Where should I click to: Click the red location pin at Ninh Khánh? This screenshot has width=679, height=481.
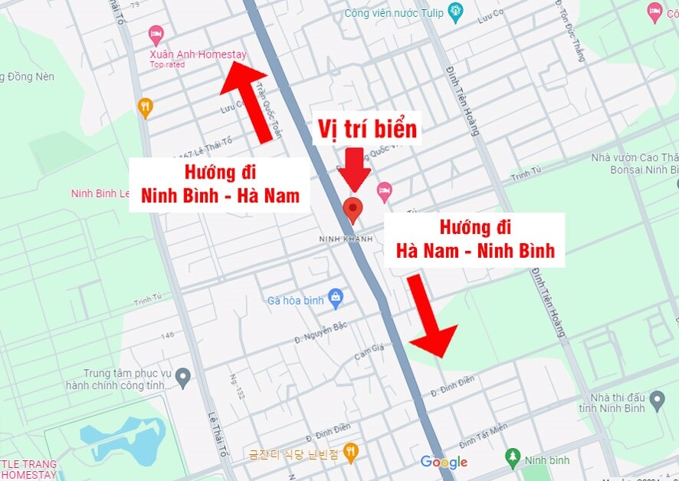pyautogui.click(x=353, y=209)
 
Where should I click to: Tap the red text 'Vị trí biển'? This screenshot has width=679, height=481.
pyautogui.click(x=368, y=129)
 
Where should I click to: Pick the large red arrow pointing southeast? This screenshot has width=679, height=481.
pyautogui.click(x=429, y=315)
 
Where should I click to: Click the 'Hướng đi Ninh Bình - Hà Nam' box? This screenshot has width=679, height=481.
pyautogui.click(x=220, y=185)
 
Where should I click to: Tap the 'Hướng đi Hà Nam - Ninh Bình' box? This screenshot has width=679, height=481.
pyautogui.click(x=474, y=239)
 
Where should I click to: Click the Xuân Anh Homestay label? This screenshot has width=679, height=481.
pyautogui.click(x=198, y=55)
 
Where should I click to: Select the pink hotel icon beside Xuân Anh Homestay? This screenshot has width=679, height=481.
pyautogui.click(x=156, y=35)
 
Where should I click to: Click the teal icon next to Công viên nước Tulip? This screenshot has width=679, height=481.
pyautogui.click(x=456, y=12)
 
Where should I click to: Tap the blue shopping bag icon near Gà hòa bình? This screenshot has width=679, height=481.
pyautogui.click(x=335, y=297)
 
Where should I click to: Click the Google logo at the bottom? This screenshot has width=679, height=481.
pyautogui.click(x=444, y=462)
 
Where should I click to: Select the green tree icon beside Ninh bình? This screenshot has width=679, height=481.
pyautogui.click(x=513, y=458)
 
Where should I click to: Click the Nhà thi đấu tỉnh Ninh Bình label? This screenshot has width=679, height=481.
pyautogui.click(x=612, y=403)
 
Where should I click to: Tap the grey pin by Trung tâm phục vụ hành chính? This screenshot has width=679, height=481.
pyautogui.click(x=182, y=377)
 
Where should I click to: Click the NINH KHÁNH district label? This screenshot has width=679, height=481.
pyautogui.click(x=346, y=239)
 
